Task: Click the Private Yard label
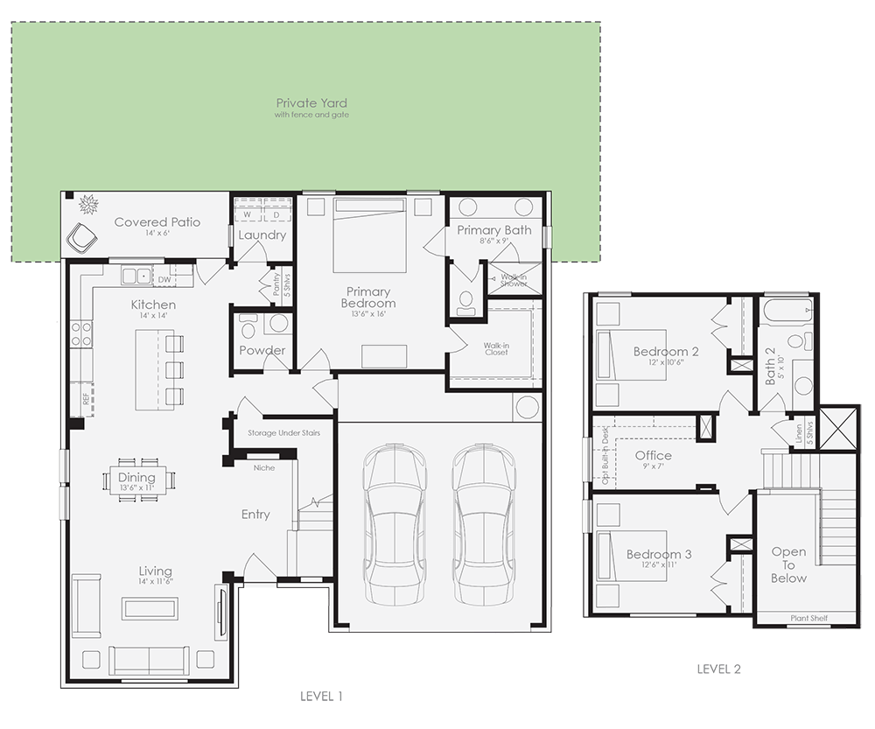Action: [311, 103]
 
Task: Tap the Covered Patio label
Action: [157, 222]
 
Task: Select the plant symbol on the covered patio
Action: [88, 206]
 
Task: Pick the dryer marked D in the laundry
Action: [276, 214]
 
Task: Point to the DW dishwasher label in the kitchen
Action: [164, 280]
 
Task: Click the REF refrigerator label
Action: [86, 398]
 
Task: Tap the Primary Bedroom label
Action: [368, 297]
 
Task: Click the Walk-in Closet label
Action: [496, 348]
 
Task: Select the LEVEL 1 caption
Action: [321, 697]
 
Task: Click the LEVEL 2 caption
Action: [718, 669]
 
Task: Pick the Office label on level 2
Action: [654, 455]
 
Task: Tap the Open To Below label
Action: [788, 564]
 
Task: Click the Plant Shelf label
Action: [808, 619]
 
